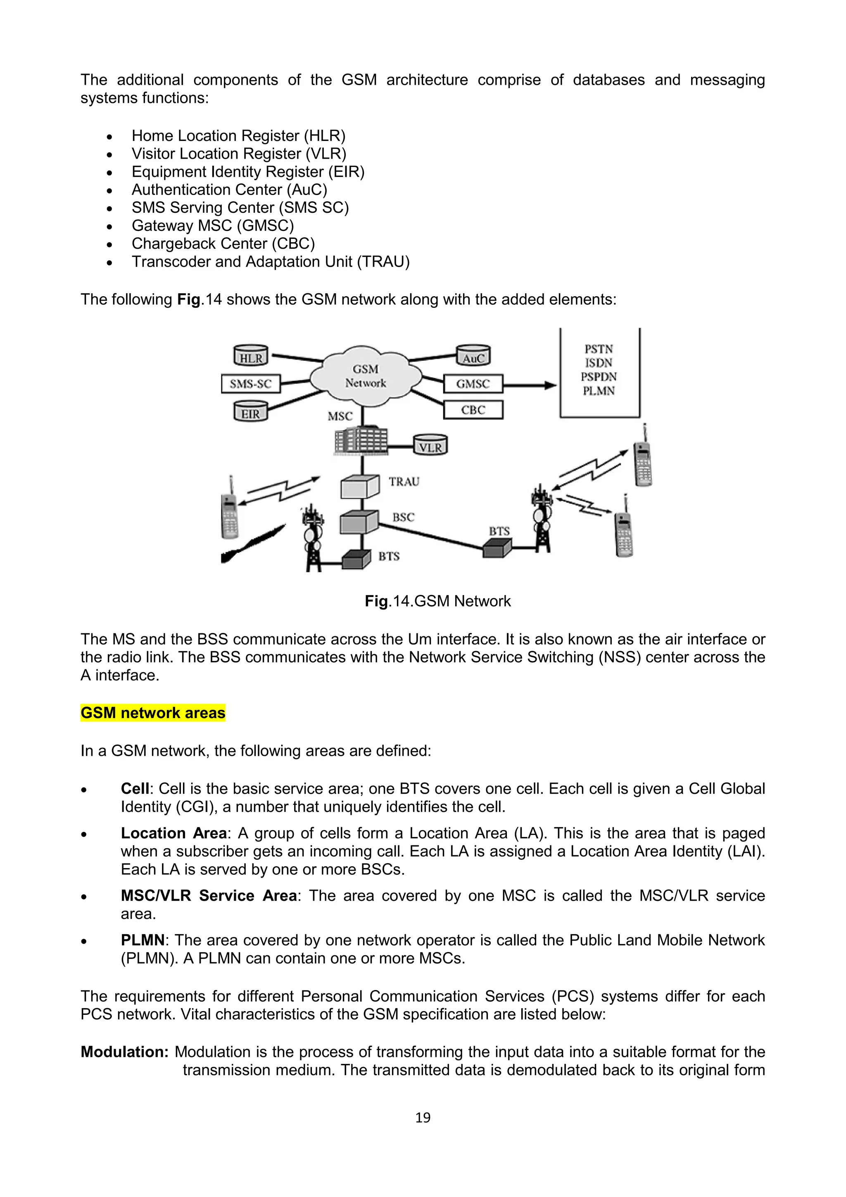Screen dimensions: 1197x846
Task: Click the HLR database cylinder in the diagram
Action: pos(251,356)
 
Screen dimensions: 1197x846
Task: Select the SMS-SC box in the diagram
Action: pos(251,384)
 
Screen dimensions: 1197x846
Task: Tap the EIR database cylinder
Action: pos(250,412)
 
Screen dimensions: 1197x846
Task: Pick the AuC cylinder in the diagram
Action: pos(473,356)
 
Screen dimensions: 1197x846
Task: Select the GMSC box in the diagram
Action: pos(473,384)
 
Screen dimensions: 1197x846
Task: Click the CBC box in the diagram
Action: pos(473,410)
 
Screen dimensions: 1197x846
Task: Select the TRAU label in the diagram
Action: pos(404,482)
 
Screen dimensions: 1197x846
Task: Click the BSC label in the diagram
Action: pos(403,517)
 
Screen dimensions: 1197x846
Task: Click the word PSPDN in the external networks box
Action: pos(599,376)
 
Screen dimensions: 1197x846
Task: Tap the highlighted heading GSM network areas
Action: pos(153,713)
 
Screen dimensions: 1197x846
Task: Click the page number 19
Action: pos(423,1117)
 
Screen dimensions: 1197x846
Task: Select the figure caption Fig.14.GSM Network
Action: pos(437,601)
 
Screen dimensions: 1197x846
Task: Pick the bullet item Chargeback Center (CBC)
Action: pos(223,243)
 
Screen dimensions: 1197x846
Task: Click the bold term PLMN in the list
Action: pos(142,940)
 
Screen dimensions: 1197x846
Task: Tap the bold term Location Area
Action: pos(173,833)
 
